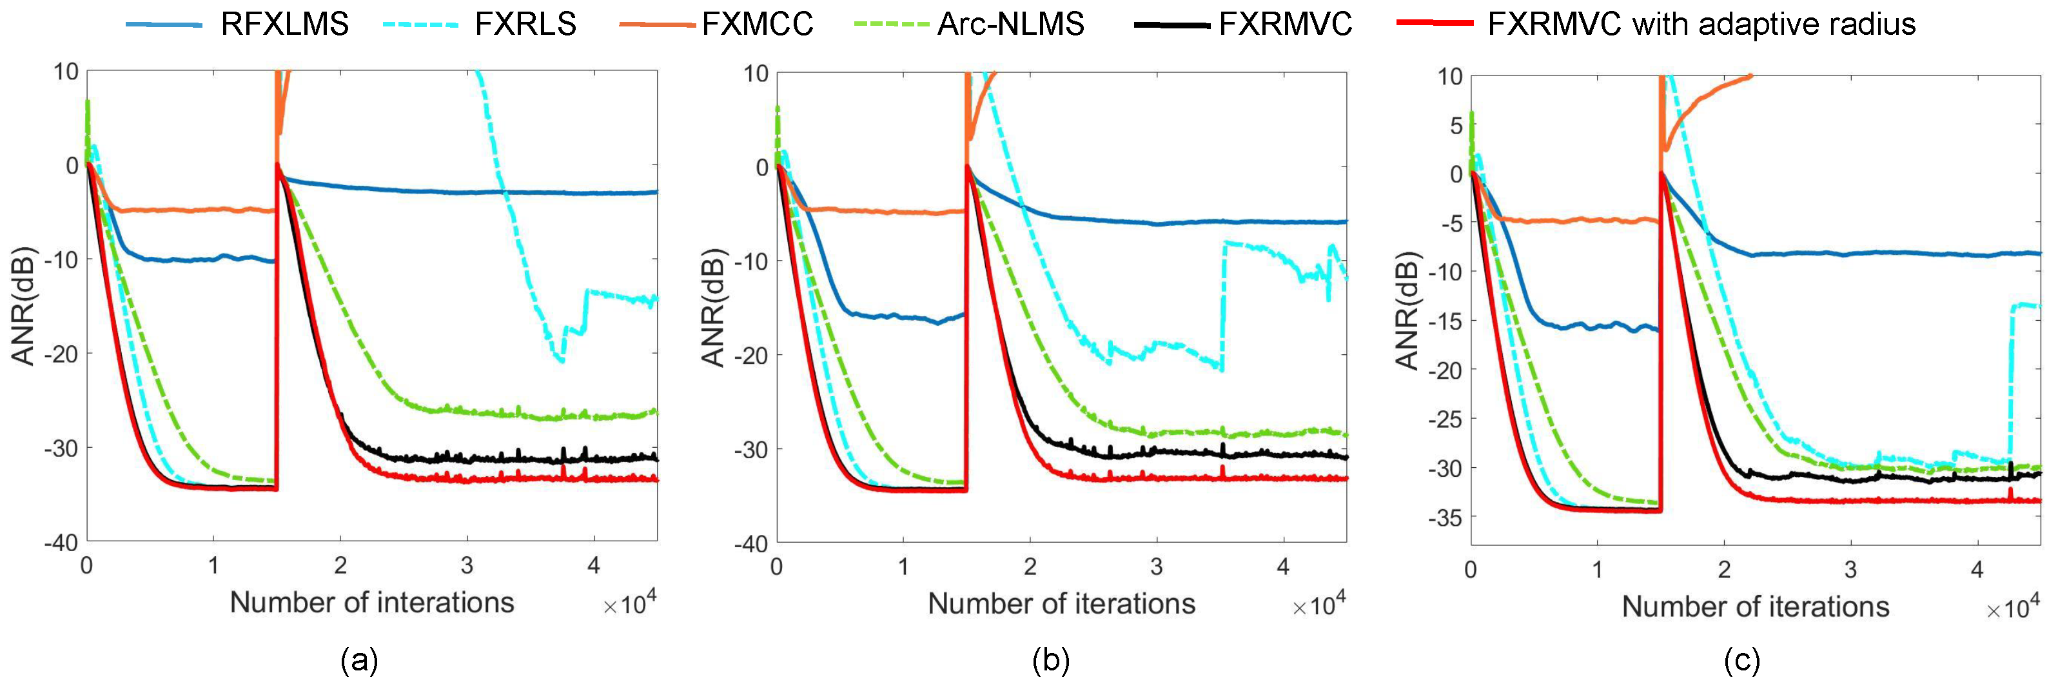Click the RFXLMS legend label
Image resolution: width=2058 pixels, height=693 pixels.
(284, 24)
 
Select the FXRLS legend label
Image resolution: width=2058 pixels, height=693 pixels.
(525, 24)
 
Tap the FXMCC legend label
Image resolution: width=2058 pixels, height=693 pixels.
(758, 24)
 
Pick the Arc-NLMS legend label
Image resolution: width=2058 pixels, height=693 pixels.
(1011, 24)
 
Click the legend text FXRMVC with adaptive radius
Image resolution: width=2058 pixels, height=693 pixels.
(1701, 24)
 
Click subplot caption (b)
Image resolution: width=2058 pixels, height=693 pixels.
(1050, 661)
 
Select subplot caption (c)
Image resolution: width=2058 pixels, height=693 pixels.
(1741, 661)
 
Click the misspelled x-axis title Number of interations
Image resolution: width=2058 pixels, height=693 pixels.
(371, 602)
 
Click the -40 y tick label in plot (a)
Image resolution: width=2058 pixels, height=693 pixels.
(61, 543)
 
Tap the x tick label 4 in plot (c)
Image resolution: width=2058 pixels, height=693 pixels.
(1977, 570)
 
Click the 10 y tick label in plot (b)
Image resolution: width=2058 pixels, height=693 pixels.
(755, 74)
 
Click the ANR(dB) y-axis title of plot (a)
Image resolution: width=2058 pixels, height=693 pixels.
(23, 306)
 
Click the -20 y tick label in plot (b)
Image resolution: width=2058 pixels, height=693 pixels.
(750, 356)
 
